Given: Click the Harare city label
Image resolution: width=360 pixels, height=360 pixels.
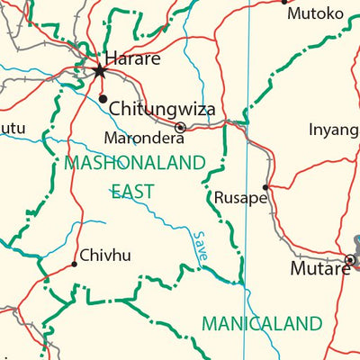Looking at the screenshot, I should click(x=133, y=58).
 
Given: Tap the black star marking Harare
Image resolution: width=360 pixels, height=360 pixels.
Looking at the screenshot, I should click(x=99, y=70).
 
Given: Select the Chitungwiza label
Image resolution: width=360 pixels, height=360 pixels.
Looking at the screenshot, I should click(x=166, y=109).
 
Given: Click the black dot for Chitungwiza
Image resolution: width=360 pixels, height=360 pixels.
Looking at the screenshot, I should click(x=103, y=98).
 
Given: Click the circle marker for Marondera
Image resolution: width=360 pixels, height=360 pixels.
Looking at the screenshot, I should click(x=180, y=128).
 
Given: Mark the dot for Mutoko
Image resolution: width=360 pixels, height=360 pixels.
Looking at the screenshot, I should click(x=284, y=2).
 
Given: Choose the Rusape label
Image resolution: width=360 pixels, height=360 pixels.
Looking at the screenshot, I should click(x=240, y=197).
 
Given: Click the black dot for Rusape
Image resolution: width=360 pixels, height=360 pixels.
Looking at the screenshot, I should click(x=265, y=187).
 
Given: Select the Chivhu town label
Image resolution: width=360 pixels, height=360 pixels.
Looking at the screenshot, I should click(x=105, y=256).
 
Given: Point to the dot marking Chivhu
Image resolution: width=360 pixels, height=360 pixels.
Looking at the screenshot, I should click(x=74, y=264).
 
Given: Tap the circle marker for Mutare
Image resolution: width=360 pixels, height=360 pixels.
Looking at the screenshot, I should click(x=350, y=260).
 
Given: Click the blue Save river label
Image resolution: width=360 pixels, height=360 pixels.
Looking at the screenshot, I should click(x=201, y=246).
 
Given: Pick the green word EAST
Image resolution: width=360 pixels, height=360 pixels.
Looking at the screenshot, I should click(x=132, y=191).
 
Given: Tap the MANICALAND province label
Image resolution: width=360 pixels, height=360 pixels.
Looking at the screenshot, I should click(x=262, y=323).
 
